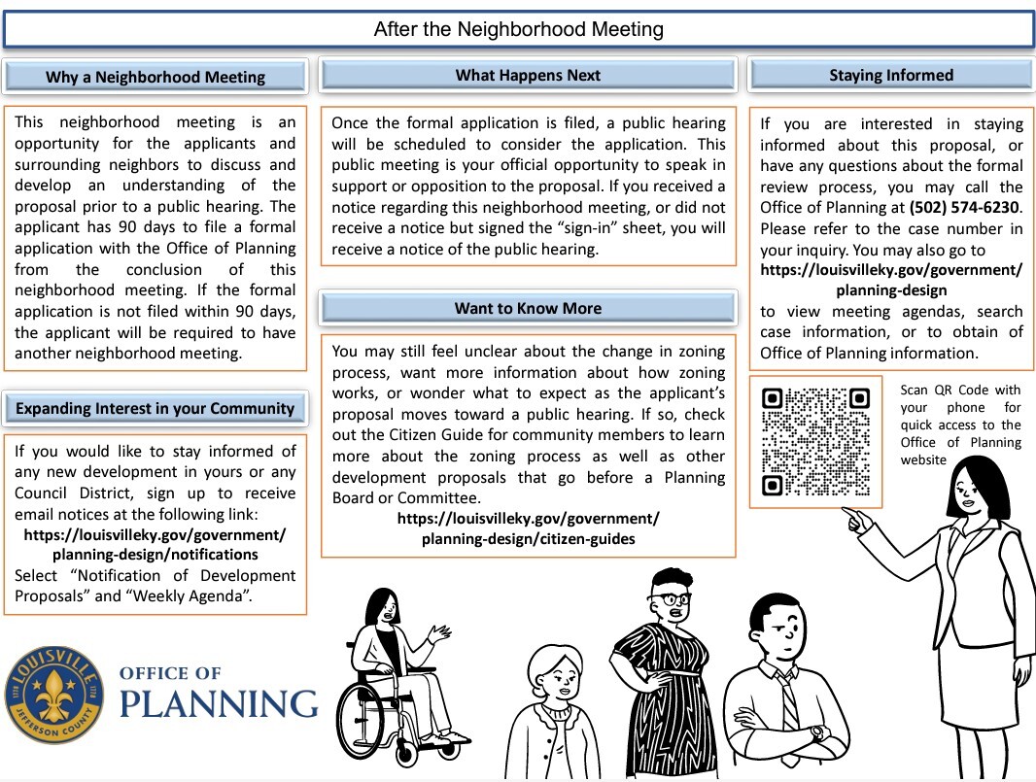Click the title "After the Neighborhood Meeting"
(x=518, y=29)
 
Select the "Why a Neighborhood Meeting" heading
(x=155, y=78)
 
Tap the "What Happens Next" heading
(x=528, y=76)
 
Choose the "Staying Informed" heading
(x=890, y=76)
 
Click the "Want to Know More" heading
(x=528, y=309)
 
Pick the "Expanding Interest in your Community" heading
(x=155, y=409)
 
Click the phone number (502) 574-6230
(x=965, y=208)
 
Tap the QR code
(x=815, y=442)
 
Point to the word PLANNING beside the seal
(x=219, y=702)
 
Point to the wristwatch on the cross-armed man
(x=816, y=732)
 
